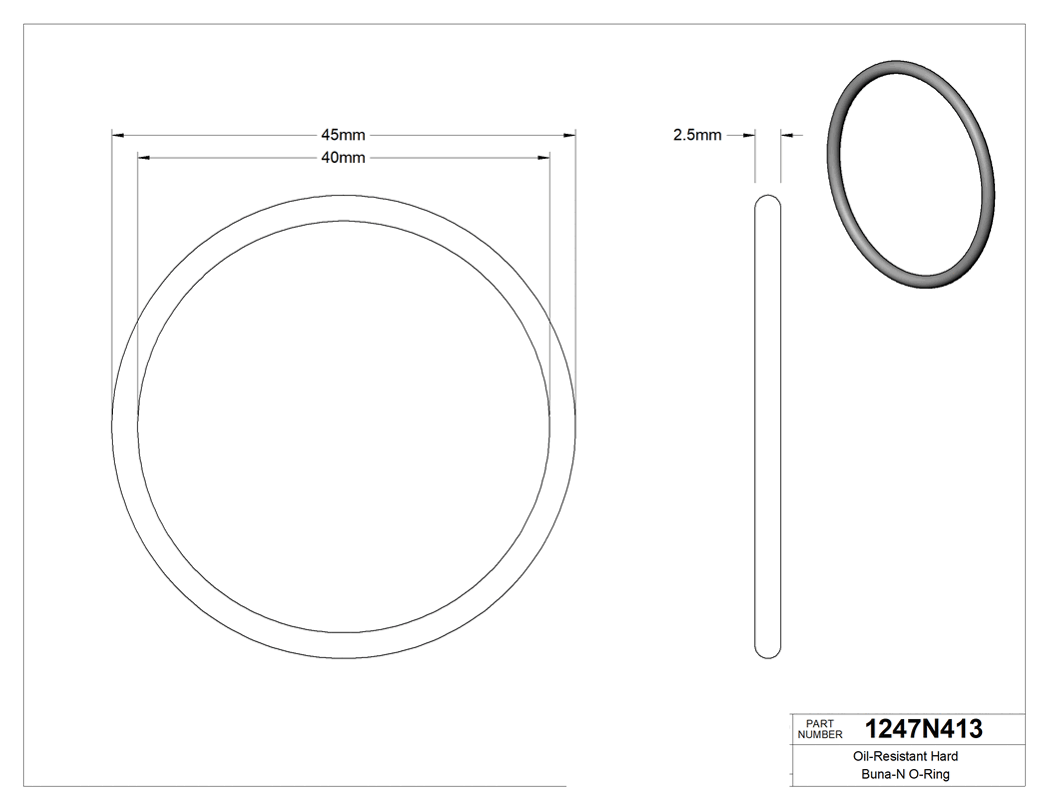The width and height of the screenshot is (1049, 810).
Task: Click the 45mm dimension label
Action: tap(343, 135)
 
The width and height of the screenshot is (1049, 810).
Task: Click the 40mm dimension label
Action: tap(343, 158)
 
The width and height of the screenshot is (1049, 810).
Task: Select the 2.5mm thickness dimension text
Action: tap(697, 135)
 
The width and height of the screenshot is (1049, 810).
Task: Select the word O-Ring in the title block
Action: tap(929, 774)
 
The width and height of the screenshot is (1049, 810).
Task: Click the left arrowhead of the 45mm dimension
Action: tap(117, 135)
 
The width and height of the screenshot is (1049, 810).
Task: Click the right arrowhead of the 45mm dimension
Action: tap(570, 135)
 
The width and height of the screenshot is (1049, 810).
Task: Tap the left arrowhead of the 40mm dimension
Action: tap(143, 158)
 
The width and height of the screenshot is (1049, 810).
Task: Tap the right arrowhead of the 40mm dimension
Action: tap(544, 158)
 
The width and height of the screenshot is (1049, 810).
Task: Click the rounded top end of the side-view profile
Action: tap(767, 200)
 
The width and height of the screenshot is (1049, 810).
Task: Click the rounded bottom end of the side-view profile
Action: tap(767, 651)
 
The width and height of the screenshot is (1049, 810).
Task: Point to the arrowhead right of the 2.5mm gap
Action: tap(786, 135)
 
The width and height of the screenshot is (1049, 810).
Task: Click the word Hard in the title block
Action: tap(944, 757)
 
